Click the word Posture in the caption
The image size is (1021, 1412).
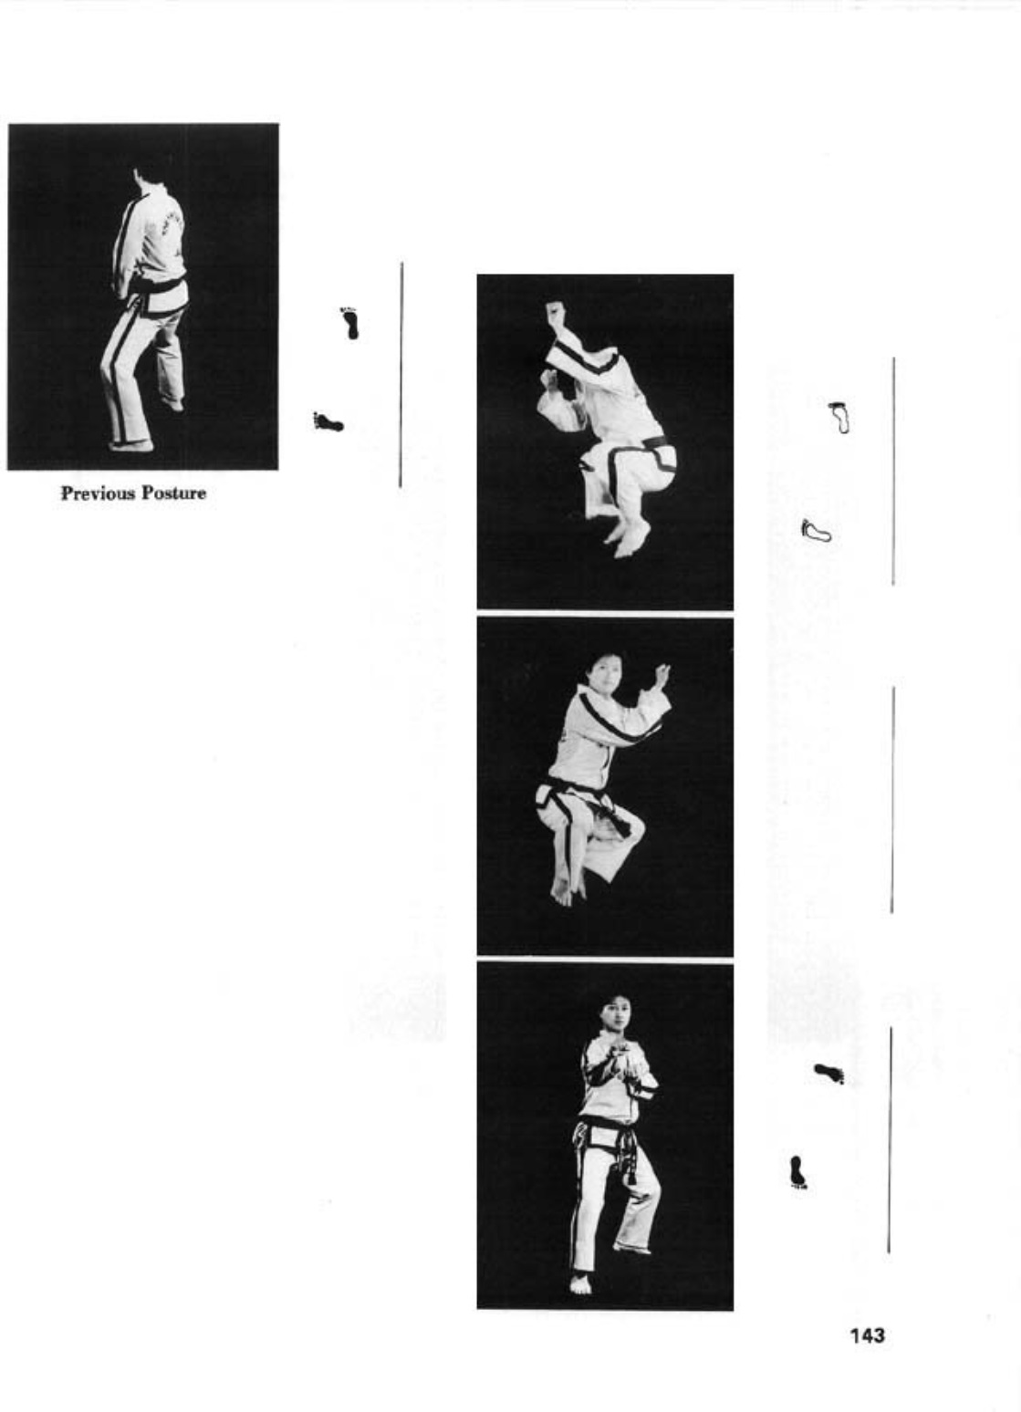coord(174,493)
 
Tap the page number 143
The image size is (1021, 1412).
coord(867,1334)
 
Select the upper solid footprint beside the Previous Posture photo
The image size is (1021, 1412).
coord(350,324)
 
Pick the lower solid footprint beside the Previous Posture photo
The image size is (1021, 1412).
coord(328,421)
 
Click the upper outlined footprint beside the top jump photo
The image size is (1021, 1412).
coord(839,417)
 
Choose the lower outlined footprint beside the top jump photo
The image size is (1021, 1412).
coord(817,531)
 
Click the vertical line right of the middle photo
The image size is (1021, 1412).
coord(892,799)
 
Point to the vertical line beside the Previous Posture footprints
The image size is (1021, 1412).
coord(401,374)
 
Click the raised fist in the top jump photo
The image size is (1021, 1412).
coord(555,311)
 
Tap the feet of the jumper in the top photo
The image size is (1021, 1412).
coord(626,538)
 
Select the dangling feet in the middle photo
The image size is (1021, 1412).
coord(566,886)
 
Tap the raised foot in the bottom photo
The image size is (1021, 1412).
coord(631,1248)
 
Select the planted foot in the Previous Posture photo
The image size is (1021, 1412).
coord(130,446)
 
